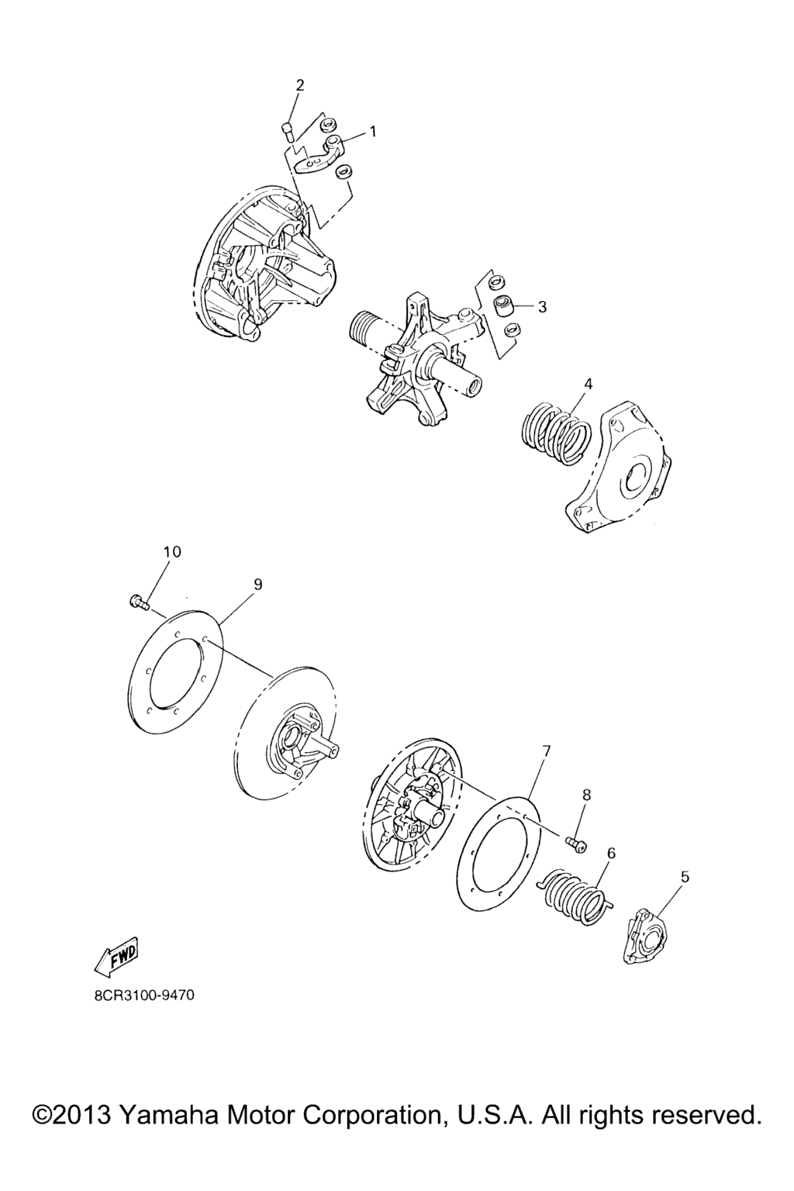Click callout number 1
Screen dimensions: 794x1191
pos(373,131)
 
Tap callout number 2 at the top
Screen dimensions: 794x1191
pos(301,85)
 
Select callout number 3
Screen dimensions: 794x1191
pos(541,307)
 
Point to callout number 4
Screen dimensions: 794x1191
pos(589,383)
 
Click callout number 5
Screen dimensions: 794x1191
pos(685,877)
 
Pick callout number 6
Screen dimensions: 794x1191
pos(611,853)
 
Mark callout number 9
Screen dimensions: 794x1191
pos(257,585)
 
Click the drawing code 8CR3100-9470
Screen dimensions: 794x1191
pos(137,996)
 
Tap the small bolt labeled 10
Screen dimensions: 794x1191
pos(140,603)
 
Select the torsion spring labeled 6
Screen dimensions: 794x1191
pos(574,894)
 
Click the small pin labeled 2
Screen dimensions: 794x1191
pos(287,131)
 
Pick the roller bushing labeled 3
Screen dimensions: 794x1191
pos(504,306)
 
